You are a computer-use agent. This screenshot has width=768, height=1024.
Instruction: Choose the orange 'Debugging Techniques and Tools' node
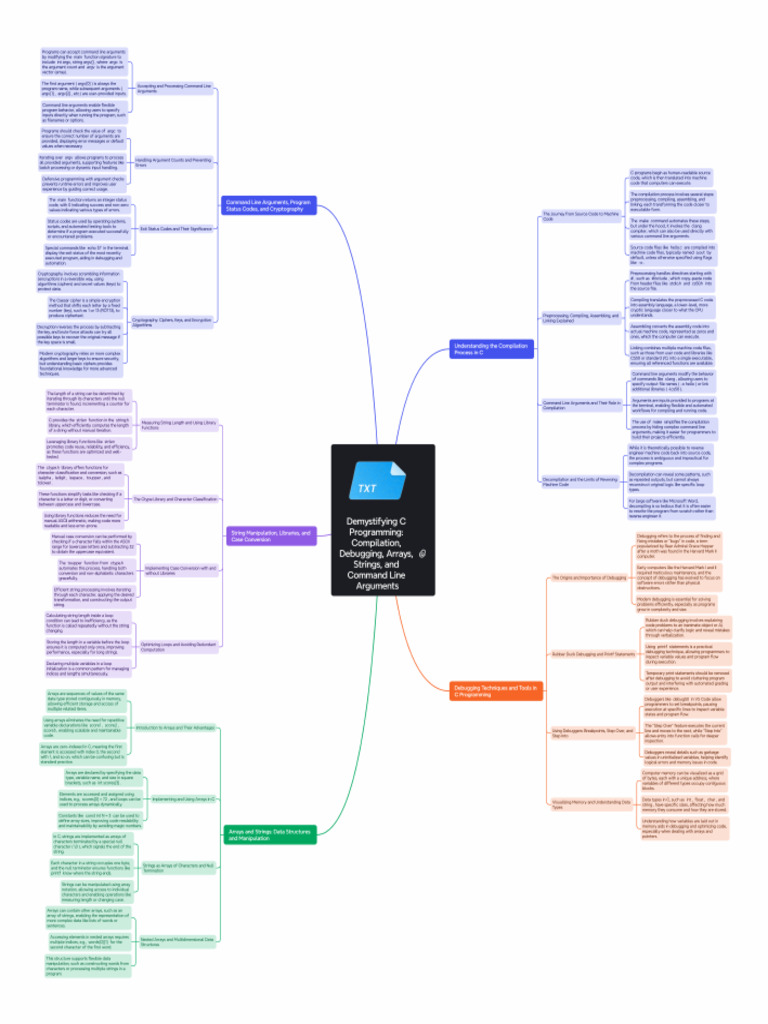(x=484, y=691)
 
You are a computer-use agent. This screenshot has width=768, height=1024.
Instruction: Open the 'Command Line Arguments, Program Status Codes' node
(x=269, y=205)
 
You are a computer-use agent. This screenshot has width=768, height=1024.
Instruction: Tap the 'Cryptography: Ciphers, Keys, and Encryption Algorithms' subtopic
(x=173, y=322)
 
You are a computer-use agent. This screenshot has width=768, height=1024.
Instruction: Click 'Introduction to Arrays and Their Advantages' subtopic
(x=175, y=727)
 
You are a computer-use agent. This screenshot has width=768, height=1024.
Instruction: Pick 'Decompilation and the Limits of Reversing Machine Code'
(x=581, y=481)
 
